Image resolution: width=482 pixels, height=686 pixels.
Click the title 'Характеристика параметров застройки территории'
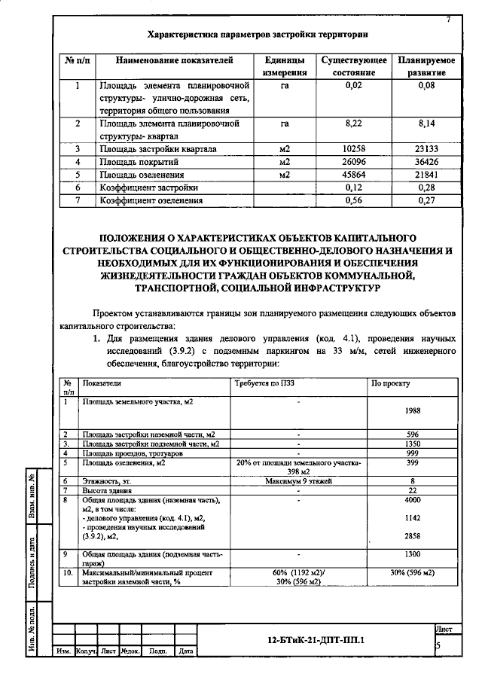pyautogui.click(x=258, y=35)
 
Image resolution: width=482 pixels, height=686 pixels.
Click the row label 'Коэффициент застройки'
pyautogui.click(x=149, y=188)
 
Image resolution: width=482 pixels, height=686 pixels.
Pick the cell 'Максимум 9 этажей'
pyautogui.click(x=298, y=480)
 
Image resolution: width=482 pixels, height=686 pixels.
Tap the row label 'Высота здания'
pyautogui.click(x=106, y=490)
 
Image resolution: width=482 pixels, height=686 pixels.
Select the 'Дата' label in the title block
pyautogui.click(x=187, y=651)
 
